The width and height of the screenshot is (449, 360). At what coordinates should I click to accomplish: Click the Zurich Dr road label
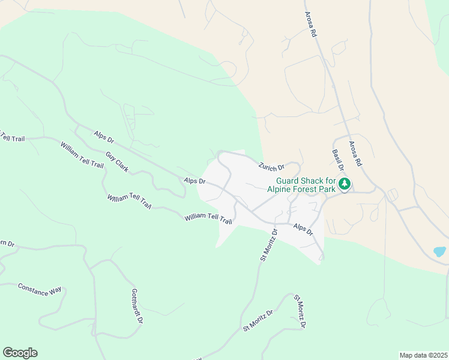[x=271, y=166]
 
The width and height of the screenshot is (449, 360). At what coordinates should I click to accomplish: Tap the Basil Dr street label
[x=337, y=160]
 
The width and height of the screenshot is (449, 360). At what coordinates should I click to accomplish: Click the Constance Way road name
[x=40, y=289]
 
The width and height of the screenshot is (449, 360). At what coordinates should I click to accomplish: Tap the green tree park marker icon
[x=345, y=184]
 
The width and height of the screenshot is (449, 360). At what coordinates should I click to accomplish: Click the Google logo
[x=20, y=353]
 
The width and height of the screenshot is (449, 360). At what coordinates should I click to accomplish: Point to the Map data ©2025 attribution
[x=423, y=355]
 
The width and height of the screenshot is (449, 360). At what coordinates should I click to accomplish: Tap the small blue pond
[x=440, y=251]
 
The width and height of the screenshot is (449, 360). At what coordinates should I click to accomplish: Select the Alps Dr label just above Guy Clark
[x=104, y=137]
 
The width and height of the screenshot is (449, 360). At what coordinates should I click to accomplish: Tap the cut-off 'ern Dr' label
[x=7, y=243]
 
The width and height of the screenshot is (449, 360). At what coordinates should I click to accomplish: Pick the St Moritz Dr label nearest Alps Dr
[x=269, y=244]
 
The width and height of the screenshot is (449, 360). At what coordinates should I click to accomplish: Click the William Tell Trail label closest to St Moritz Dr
[x=208, y=219]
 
